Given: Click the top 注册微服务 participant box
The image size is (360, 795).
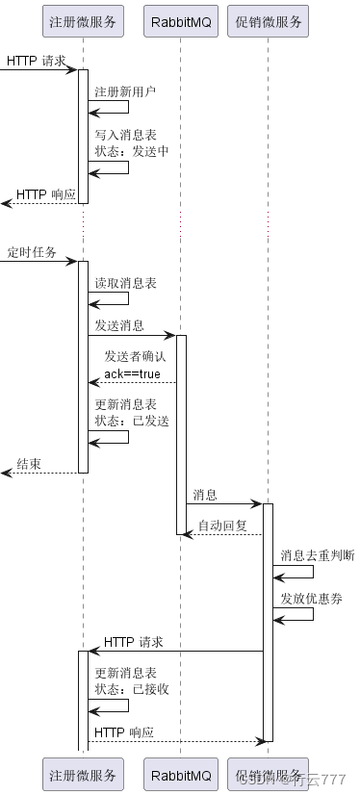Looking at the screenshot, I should [83, 21].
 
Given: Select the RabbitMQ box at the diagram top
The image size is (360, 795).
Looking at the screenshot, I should [180, 21].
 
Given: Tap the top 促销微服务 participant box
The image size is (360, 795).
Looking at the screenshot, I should [268, 21].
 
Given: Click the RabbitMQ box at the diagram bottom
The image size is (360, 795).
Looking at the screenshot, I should [180, 775].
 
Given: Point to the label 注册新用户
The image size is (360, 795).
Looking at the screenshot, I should [125, 91].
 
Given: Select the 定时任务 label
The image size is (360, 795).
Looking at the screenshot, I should [32, 252].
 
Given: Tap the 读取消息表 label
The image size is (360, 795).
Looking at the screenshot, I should [125, 283].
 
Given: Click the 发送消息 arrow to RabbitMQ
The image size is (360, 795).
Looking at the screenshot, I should [131, 336].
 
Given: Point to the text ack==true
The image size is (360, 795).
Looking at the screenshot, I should [133, 372].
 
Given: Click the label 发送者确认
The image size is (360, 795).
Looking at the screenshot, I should [136, 356].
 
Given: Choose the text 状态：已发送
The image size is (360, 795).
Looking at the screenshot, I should [131, 420].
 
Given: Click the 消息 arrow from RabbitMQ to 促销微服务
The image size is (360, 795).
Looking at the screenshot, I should [223, 503].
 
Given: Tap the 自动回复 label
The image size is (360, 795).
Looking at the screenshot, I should [222, 526].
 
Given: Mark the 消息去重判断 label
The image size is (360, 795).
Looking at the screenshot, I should [317, 555].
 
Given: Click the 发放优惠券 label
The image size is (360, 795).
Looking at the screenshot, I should [311, 598].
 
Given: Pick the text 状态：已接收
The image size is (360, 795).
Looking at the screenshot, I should [131, 689].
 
